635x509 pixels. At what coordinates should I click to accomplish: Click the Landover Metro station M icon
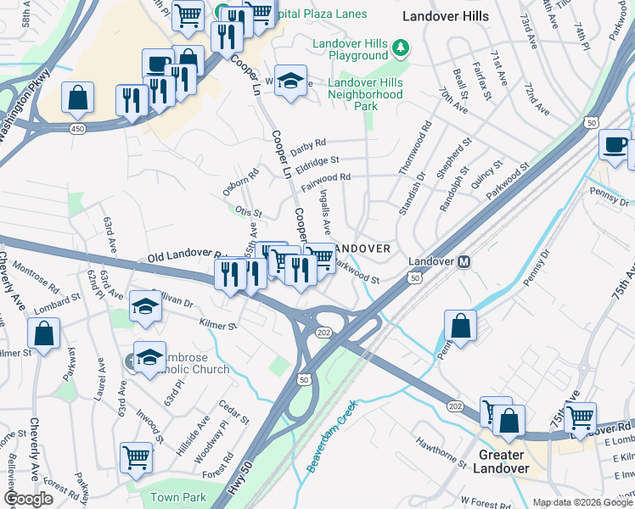[464, 262]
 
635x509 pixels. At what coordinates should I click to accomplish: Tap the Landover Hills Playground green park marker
[398, 49]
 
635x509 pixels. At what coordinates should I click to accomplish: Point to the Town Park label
[178, 497]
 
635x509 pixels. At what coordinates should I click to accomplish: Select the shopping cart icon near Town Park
[136, 456]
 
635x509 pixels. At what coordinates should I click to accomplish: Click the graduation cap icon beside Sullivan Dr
[146, 306]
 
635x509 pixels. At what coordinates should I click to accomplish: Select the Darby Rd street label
[308, 146]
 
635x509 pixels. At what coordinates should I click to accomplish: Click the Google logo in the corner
[29, 498]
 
